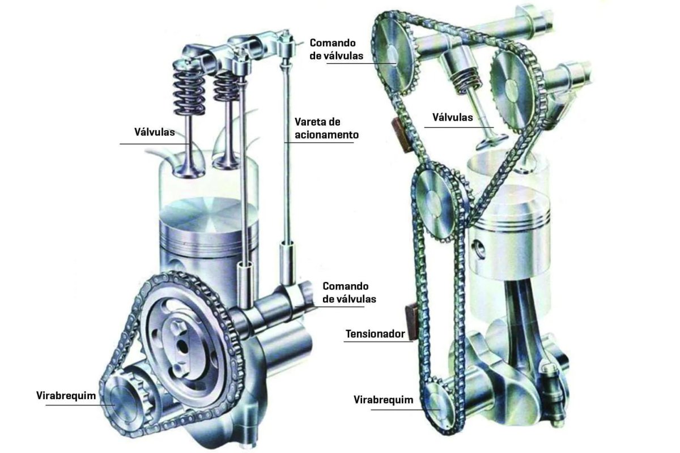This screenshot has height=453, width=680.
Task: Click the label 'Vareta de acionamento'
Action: (x=326, y=129)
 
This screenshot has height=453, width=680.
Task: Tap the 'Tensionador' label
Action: (x=375, y=334)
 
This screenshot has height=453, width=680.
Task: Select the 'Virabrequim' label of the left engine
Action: (x=66, y=396)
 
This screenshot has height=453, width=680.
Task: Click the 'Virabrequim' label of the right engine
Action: (x=384, y=400)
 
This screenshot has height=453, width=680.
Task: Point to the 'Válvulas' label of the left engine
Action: (x=155, y=132)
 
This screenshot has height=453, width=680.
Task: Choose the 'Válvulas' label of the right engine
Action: (x=453, y=117)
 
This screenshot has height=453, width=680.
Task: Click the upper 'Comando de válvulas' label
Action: (x=337, y=49)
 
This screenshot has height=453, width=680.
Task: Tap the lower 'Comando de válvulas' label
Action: (x=349, y=293)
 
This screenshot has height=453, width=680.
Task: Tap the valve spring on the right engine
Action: (x=465, y=80)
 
